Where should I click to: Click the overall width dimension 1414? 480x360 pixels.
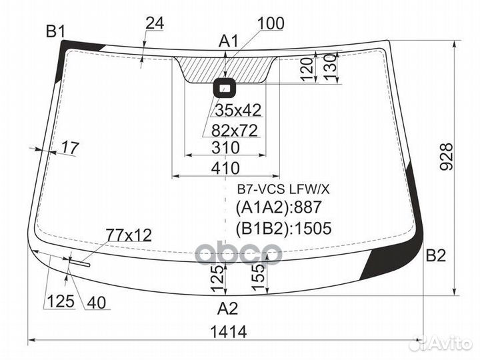point(229,332)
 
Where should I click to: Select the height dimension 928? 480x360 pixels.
point(446,157)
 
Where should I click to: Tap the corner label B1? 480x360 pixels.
point(55,31)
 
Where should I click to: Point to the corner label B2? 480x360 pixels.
point(435,255)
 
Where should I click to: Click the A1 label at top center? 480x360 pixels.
point(228,41)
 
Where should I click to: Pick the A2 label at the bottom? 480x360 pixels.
point(227,308)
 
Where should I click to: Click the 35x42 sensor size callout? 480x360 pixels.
point(238,110)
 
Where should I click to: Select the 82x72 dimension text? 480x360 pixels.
point(235,131)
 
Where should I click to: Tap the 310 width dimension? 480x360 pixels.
point(225,147)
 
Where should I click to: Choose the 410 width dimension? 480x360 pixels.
point(225,168)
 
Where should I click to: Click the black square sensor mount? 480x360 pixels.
point(225,88)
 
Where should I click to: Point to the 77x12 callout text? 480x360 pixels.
point(129,235)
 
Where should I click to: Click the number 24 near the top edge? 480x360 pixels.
point(155,23)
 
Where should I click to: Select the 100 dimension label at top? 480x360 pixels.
point(271,23)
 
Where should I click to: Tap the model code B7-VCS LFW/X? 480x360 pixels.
point(283,190)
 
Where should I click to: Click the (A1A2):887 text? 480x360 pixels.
point(279,207)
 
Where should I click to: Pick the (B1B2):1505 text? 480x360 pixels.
point(284,229)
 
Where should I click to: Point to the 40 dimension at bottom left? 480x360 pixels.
point(97,303)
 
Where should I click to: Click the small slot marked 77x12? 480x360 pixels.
point(79,263)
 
